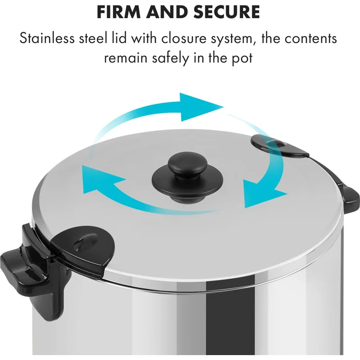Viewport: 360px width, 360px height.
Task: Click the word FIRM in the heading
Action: pyautogui.click(x=118, y=11)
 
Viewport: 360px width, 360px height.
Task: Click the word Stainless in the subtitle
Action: pyautogui.click(x=47, y=38)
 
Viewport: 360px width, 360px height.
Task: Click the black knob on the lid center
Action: pyautogui.click(x=187, y=177)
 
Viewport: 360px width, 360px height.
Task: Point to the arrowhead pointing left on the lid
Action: pyautogui.click(x=101, y=179)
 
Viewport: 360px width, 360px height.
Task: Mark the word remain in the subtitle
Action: pyautogui.click(x=125, y=58)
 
